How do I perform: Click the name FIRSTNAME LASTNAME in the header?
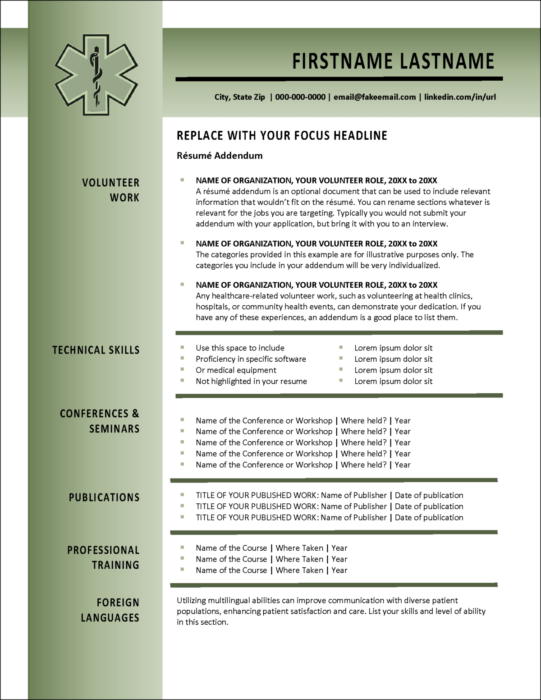(x=393, y=61)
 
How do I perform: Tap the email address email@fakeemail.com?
(x=375, y=97)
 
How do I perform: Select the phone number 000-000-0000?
(x=300, y=97)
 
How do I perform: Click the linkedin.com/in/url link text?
(x=460, y=97)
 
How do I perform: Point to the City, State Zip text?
(x=240, y=97)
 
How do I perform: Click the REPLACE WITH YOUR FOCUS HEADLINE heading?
(x=282, y=136)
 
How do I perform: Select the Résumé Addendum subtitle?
(x=220, y=156)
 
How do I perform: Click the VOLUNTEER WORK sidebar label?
(x=111, y=190)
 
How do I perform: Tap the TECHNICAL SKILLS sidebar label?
(x=96, y=350)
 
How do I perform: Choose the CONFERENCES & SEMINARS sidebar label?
(x=100, y=421)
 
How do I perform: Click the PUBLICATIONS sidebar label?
(x=104, y=497)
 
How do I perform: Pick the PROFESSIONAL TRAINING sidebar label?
(x=103, y=557)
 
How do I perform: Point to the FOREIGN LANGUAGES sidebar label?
(x=110, y=610)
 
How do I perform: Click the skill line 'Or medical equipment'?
(x=236, y=370)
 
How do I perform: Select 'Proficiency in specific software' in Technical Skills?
(x=251, y=359)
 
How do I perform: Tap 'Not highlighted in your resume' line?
(x=251, y=381)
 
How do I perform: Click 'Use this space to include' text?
(x=240, y=348)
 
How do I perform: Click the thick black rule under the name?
(x=339, y=79)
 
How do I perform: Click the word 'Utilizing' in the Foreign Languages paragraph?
(x=191, y=600)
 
